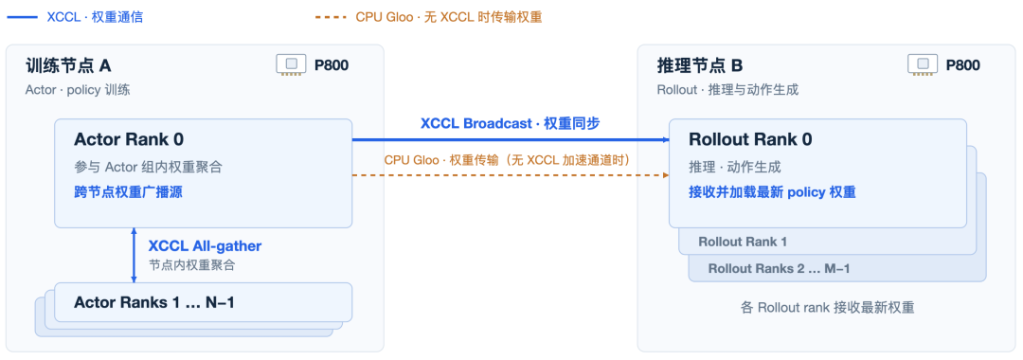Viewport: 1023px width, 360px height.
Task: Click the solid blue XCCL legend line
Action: (x=22, y=17)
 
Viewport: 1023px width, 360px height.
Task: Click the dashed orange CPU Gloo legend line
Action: (x=331, y=17)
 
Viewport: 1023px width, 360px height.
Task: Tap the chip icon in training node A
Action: (x=291, y=64)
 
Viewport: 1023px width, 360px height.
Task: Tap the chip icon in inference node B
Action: (x=923, y=64)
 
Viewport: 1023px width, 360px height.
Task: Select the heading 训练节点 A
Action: (x=68, y=65)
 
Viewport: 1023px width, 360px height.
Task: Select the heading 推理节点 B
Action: (x=699, y=65)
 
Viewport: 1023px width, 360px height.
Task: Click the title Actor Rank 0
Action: (x=129, y=139)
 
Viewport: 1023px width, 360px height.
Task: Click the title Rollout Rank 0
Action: (x=749, y=139)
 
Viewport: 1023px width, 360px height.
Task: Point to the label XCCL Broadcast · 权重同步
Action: (x=511, y=124)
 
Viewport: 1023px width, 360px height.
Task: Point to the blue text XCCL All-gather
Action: (x=205, y=246)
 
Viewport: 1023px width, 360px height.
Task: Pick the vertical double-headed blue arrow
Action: (x=134, y=255)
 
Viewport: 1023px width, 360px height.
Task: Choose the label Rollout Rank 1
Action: (x=743, y=242)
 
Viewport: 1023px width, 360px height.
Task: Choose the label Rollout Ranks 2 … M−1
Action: (x=779, y=268)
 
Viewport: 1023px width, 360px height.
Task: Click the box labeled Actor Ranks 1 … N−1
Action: (x=203, y=302)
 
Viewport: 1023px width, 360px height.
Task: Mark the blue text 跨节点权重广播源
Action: (x=127, y=192)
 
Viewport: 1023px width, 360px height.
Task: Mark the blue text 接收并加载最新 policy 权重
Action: (x=772, y=192)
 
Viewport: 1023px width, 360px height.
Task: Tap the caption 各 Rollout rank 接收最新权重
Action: (x=828, y=308)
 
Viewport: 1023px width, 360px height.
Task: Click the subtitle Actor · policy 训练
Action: (x=78, y=90)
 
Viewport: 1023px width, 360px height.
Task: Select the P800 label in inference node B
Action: (x=963, y=65)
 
